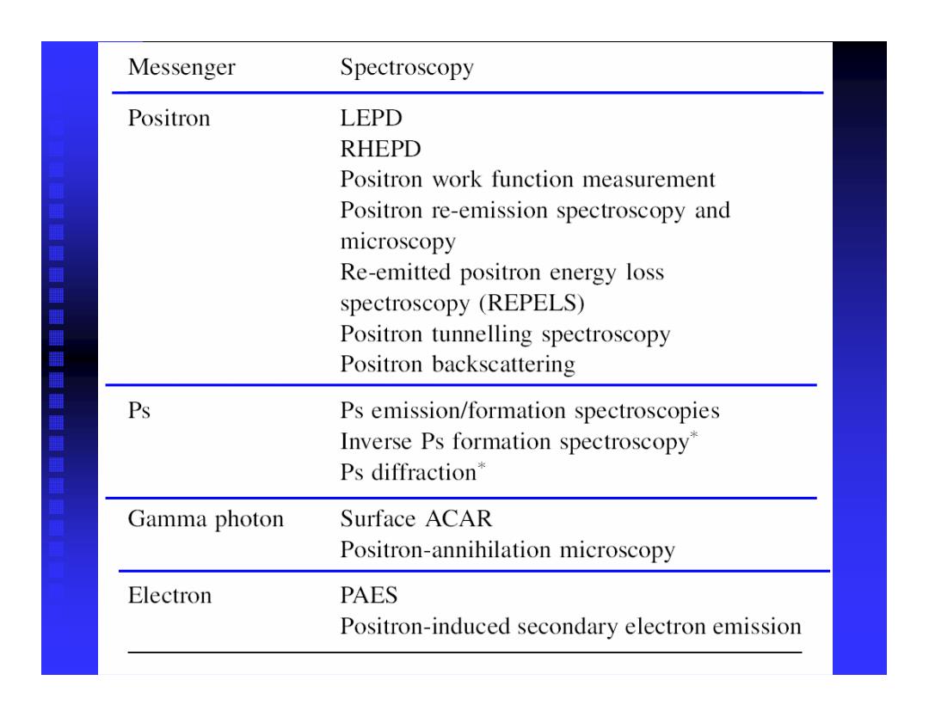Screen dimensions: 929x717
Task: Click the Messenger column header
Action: (181, 68)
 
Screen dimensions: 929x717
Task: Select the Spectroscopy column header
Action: (406, 68)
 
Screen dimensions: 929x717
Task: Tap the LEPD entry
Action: (371, 118)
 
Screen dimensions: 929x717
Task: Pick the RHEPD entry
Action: (380, 149)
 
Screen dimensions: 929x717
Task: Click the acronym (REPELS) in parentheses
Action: (532, 303)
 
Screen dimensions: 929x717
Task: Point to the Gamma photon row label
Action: (206, 519)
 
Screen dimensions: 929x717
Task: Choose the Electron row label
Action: (169, 595)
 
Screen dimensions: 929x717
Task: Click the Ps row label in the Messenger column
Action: (139, 410)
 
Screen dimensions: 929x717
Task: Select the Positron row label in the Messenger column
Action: (169, 118)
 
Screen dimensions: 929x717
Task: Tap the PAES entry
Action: (368, 595)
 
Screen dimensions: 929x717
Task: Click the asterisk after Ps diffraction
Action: (482, 465)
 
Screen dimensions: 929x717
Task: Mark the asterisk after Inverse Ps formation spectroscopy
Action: (694, 435)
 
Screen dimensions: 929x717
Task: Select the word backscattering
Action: (503, 365)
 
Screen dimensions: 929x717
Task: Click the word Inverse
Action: (376, 441)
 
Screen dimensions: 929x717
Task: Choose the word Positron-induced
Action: (425, 626)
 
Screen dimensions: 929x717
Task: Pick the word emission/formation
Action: (468, 410)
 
